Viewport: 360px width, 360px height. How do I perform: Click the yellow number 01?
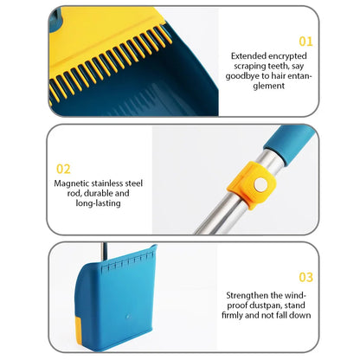305,42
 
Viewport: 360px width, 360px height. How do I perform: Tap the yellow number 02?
63,169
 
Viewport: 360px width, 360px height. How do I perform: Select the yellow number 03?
305,277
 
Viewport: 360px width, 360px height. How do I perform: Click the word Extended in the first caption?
248,55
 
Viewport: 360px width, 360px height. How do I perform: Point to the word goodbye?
242,76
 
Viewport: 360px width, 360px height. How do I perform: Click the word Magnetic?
72,183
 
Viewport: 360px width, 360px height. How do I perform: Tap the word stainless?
107,183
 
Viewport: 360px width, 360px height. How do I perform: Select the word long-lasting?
98,203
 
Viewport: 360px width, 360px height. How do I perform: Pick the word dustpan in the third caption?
265,305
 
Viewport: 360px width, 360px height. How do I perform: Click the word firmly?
232,315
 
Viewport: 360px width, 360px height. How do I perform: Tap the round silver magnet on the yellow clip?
260,184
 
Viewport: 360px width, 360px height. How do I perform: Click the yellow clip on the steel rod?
251,184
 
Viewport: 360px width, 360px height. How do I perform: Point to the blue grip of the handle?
289,145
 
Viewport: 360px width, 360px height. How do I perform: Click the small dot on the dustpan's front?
127,317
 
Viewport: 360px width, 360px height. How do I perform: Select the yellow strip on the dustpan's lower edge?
78,331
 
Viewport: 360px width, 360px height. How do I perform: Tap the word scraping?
250,66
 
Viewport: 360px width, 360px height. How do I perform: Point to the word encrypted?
288,56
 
